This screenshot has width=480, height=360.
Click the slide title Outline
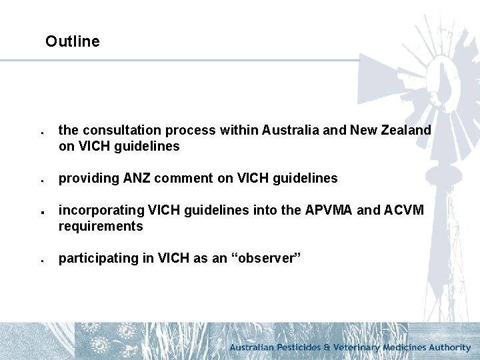click(72, 41)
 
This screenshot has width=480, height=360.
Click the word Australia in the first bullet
click(291, 130)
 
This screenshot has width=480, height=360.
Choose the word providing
click(85, 178)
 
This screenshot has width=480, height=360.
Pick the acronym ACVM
click(407, 210)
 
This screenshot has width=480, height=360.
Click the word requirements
click(100, 226)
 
